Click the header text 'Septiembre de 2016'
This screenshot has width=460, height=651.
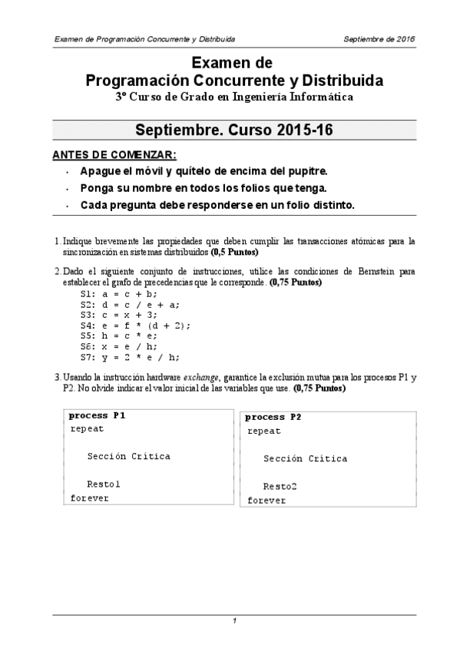pyautogui.click(x=379, y=38)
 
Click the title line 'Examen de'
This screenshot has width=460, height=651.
pyautogui.click(x=231, y=63)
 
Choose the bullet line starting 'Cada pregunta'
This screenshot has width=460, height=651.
pyautogui.click(x=217, y=205)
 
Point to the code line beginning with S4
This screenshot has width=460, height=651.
pyautogui.click(x=135, y=325)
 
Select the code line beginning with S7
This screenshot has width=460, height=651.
pyautogui.click(x=130, y=357)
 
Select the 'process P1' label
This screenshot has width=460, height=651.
pyautogui.click(x=98, y=415)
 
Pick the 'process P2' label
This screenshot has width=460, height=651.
pyautogui.click(x=274, y=417)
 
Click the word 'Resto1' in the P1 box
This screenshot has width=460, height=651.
pyautogui.click(x=104, y=484)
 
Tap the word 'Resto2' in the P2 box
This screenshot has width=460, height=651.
pyautogui.click(x=280, y=487)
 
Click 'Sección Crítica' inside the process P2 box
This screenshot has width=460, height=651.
pyautogui.click(x=305, y=459)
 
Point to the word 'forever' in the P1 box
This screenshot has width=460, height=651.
pyautogui.click(x=90, y=497)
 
